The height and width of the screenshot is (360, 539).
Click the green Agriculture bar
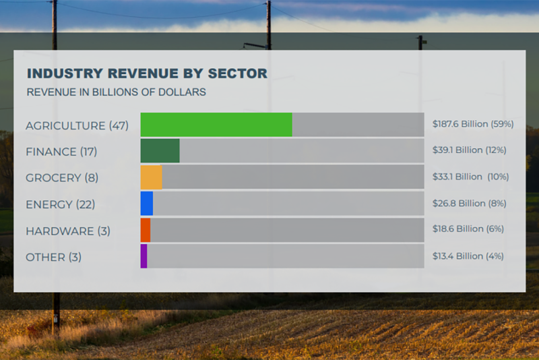[x=216, y=125]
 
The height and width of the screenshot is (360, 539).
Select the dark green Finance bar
[x=160, y=151]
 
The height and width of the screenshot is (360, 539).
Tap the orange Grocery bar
[x=152, y=177]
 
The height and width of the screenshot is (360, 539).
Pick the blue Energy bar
[x=147, y=204]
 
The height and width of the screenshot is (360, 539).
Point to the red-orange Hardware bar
[x=146, y=230]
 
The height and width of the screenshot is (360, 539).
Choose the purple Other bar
[x=144, y=256]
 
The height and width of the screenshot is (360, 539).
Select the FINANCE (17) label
[x=61, y=152]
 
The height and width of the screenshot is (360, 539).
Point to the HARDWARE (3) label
[x=67, y=231]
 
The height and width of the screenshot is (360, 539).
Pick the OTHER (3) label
[x=53, y=257]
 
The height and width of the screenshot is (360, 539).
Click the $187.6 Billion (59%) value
[x=473, y=124]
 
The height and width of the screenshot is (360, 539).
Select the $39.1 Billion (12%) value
[x=469, y=150]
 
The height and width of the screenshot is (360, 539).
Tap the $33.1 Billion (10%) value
[x=470, y=177]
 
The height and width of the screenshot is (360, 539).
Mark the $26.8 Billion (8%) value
[x=469, y=203]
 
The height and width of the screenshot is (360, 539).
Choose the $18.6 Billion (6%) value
[x=468, y=229]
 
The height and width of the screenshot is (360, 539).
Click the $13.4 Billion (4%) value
[x=468, y=256]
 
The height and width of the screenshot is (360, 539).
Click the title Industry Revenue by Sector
[x=147, y=73]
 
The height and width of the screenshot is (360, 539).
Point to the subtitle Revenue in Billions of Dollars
[x=116, y=92]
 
